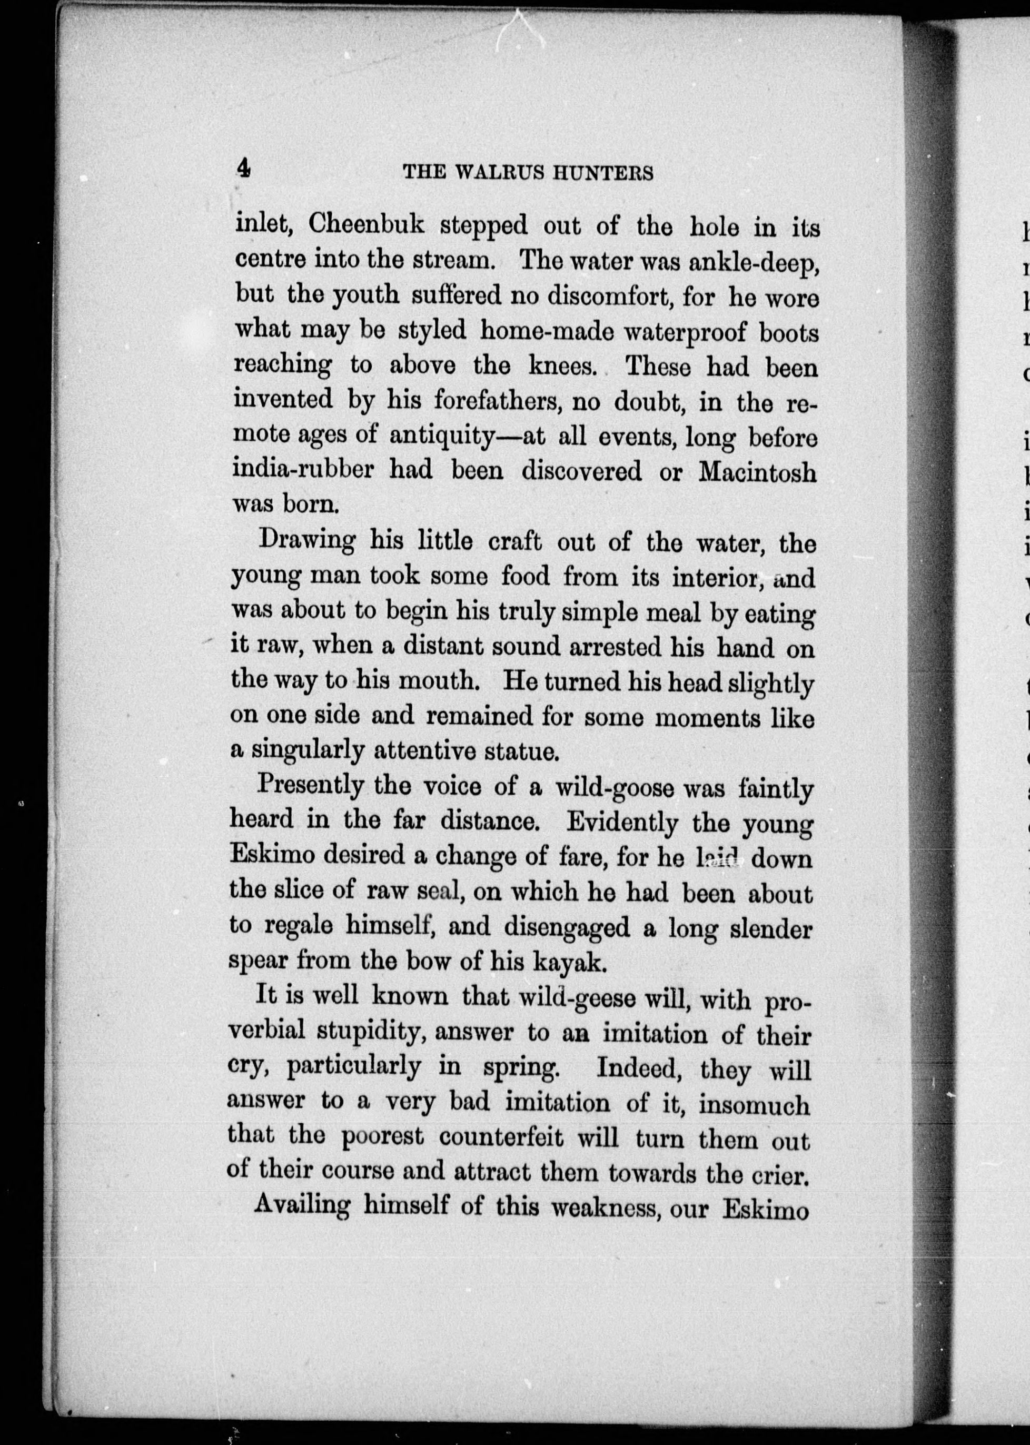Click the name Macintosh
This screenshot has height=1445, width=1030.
[757, 472]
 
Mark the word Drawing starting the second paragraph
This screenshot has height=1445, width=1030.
[307, 540]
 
